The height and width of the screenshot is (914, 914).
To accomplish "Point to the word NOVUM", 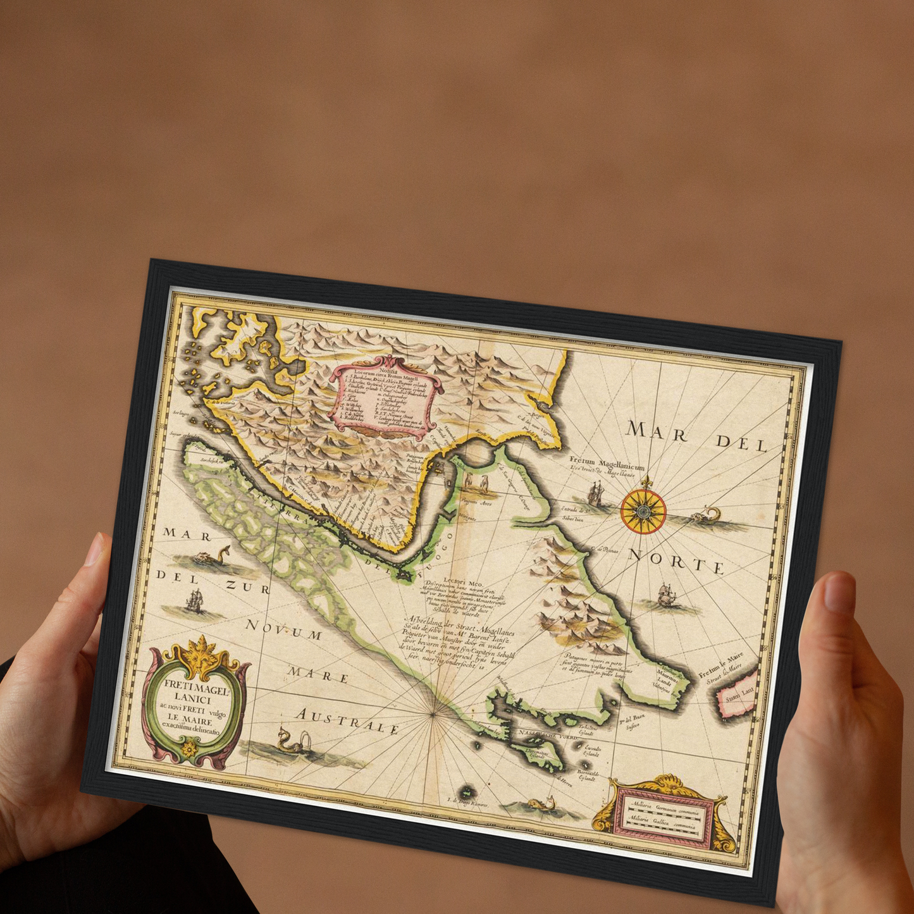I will (284, 631).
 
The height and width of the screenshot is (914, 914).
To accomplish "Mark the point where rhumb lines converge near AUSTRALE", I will (433, 715).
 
